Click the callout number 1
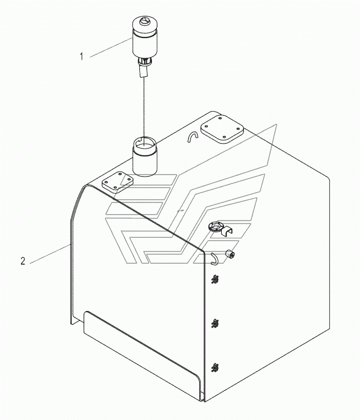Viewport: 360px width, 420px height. coord(81,56)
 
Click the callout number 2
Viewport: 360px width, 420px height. coord(23,261)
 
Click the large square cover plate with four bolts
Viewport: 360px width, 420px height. coord(222,129)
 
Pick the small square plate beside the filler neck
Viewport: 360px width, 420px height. coord(117,182)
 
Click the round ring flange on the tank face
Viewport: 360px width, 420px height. coord(215,226)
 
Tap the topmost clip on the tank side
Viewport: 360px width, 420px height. coord(215,280)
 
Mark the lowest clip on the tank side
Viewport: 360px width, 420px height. coord(215,366)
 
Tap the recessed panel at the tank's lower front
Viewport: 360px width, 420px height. coord(140,352)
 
